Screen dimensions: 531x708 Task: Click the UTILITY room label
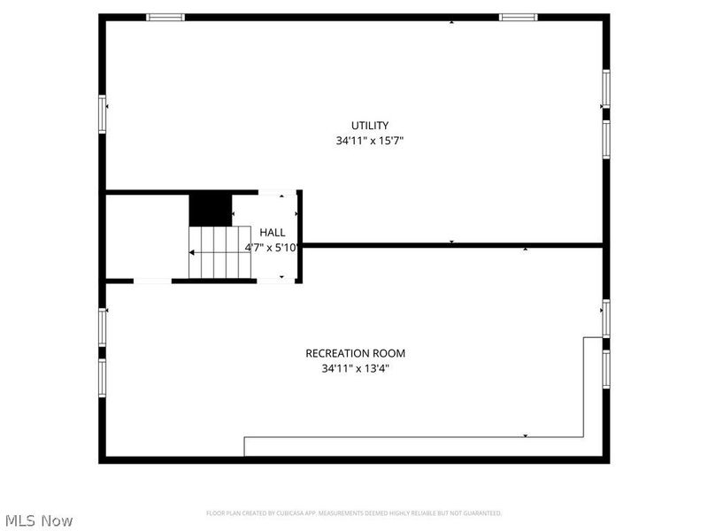369,126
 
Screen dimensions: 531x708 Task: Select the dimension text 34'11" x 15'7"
369,141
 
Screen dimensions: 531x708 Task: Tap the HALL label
272,233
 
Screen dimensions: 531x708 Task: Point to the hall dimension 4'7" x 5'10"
272,248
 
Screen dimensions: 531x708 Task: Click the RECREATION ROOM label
355,353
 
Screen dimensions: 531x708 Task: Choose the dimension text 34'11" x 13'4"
355,368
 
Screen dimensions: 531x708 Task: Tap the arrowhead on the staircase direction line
192,253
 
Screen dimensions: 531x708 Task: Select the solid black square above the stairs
210,210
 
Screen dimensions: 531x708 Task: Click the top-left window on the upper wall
165,17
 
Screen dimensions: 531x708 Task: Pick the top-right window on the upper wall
518,17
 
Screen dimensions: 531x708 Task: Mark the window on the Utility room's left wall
103,113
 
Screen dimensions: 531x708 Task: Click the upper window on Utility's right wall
606,88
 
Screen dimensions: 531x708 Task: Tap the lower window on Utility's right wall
606,139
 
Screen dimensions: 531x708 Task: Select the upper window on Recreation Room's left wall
103,327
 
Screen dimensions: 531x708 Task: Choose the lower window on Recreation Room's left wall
103,376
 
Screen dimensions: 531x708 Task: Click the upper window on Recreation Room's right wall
606,319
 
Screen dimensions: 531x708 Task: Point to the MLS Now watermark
38,520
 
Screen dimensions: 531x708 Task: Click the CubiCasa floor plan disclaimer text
354,513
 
